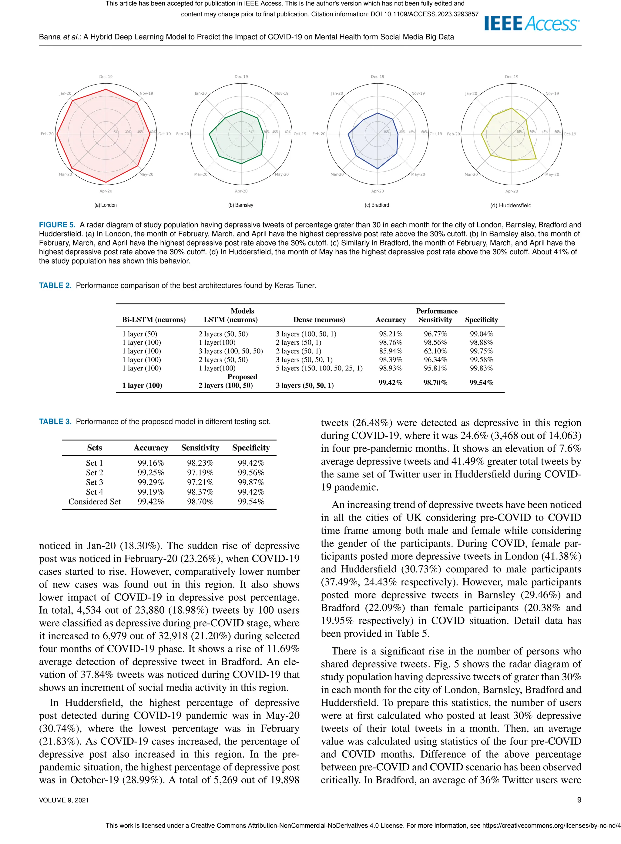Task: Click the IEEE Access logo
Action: (x=532, y=24)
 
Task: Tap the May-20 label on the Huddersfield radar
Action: (x=552, y=174)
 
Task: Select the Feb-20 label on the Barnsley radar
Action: (x=183, y=134)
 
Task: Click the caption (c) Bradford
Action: (x=377, y=205)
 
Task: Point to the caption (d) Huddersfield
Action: (x=511, y=206)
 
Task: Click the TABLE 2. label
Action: (x=55, y=286)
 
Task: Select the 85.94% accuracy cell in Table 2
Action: (x=390, y=351)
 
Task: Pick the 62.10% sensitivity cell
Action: (x=435, y=351)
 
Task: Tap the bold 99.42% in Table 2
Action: (x=390, y=383)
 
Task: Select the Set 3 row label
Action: (x=94, y=482)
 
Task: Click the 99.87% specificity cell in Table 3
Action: (x=251, y=482)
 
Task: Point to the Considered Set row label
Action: (x=94, y=502)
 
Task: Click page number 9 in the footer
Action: (x=579, y=800)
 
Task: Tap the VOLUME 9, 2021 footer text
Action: (x=64, y=800)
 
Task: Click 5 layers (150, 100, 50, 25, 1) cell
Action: (x=319, y=368)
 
